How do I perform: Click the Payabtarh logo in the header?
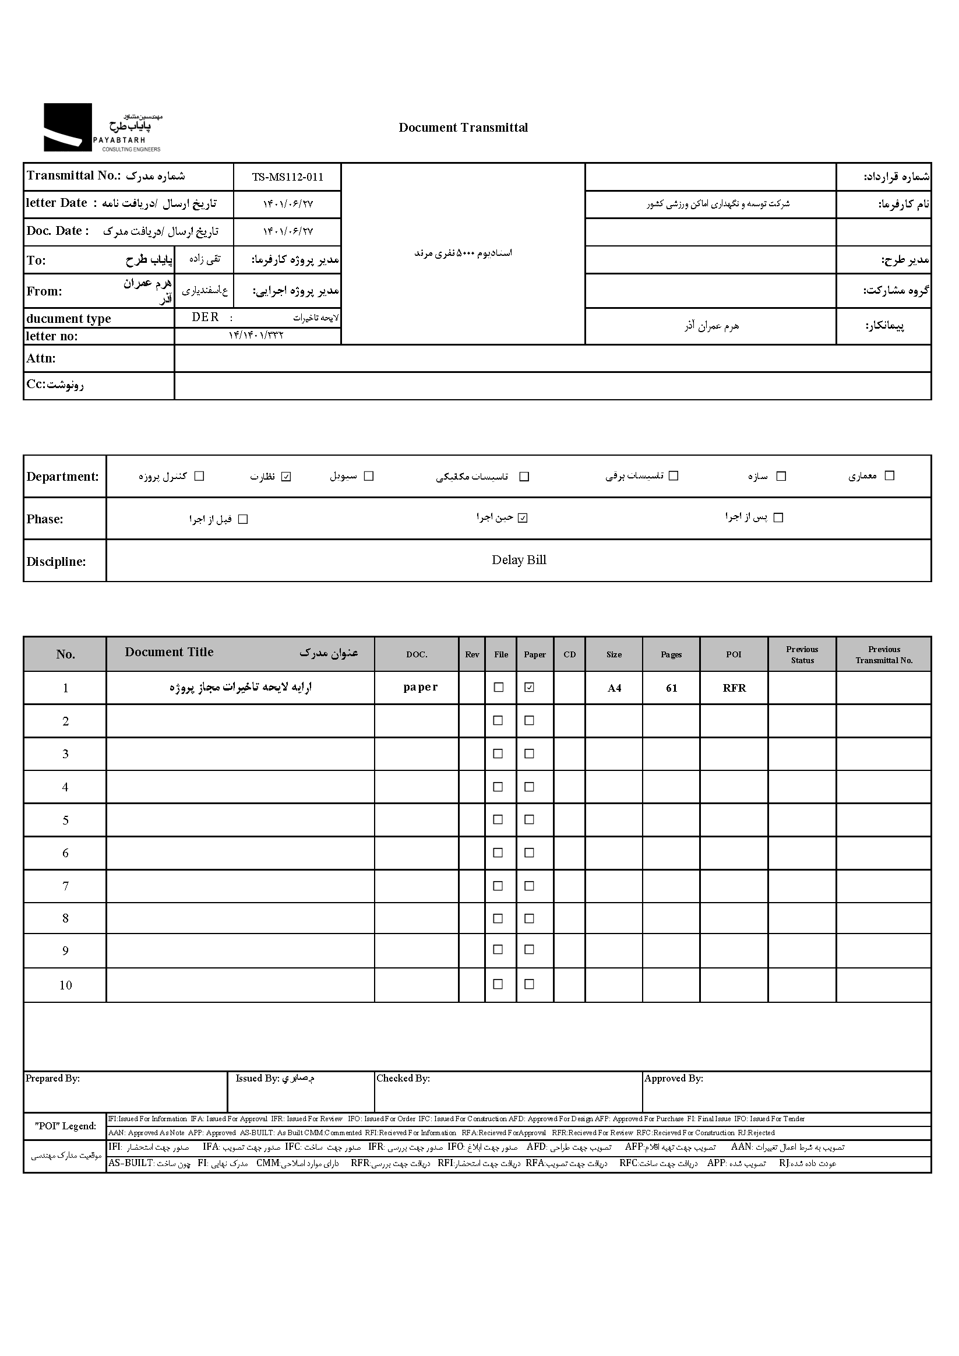pyautogui.click(x=101, y=128)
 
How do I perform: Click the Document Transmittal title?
pyautogui.click(x=463, y=128)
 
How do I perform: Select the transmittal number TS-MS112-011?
pyautogui.click(x=288, y=177)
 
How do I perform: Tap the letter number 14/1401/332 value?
pyautogui.click(x=256, y=336)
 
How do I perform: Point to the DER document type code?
pyautogui.click(x=206, y=318)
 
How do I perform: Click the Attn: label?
pyautogui.click(x=41, y=358)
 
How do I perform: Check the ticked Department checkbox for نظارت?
pyautogui.click(x=287, y=477)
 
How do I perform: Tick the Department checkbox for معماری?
pyautogui.click(x=890, y=476)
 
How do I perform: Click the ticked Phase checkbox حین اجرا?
pyautogui.click(x=523, y=518)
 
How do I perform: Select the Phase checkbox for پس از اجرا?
pyautogui.click(x=778, y=517)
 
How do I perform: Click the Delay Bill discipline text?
pyautogui.click(x=519, y=560)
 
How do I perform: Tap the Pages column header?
pyautogui.click(x=671, y=654)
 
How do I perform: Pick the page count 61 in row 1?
pyautogui.click(x=671, y=688)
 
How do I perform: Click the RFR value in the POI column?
pyautogui.click(x=734, y=688)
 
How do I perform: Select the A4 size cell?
pyautogui.click(x=614, y=688)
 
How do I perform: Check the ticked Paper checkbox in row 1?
pyautogui.click(x=530, y=688)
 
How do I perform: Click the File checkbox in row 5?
pyautogui.click(x=498, y=820)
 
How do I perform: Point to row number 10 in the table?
pyautogui.click(x=66, y=985)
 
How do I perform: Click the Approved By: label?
pyautogui.click(x=674, y=1079)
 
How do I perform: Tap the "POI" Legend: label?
pyautogui.click(x=65, y=1126)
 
